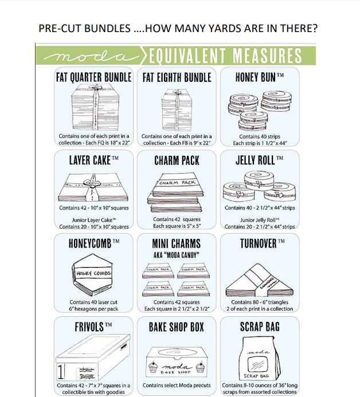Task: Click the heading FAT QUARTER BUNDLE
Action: coord(94,77)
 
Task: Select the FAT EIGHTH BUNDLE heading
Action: coord(177,77)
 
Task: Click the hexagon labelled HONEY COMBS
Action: coord(93,274)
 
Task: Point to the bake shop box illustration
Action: coord(177,361)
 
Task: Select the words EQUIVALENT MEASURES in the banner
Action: coord(225,56)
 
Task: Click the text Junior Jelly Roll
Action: coord(260,219)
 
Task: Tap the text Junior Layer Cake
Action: coord(94,219)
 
